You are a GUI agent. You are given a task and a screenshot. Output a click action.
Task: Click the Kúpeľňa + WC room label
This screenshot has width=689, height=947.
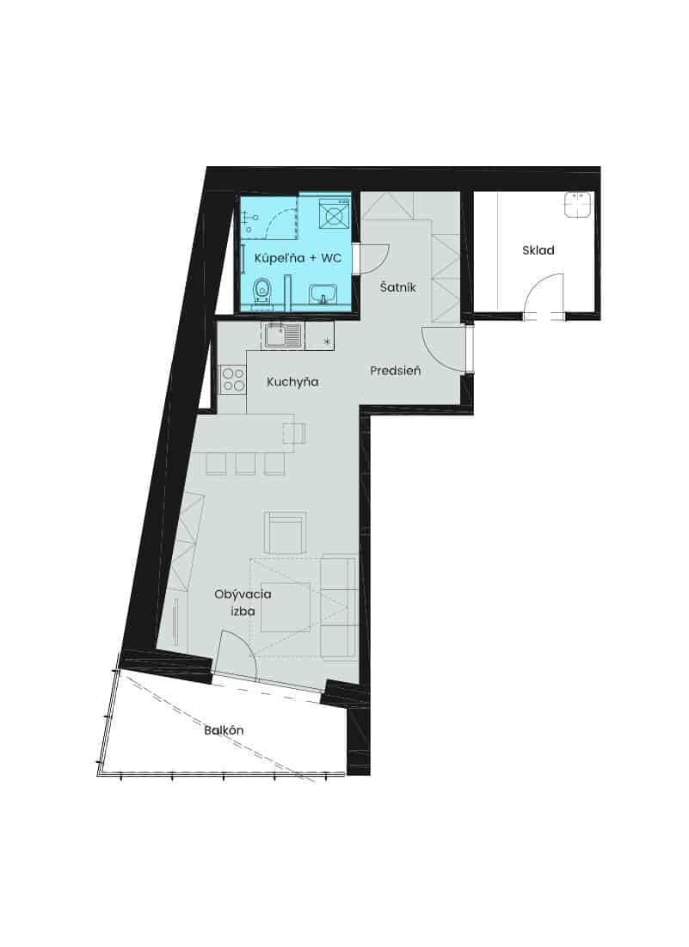click(298, 258)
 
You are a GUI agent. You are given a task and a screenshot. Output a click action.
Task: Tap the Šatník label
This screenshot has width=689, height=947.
click(398, 287)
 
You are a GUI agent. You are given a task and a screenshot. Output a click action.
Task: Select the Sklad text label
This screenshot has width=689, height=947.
click(538, 250)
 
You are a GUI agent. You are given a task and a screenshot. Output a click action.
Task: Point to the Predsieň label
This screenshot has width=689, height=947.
click(396, 370)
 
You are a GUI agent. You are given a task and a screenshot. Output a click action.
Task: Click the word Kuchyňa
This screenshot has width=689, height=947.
click(292, 382)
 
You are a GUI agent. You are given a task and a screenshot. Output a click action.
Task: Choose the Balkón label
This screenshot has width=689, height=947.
click(224, 730)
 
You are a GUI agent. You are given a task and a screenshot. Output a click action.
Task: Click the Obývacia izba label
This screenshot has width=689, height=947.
click(243, 602)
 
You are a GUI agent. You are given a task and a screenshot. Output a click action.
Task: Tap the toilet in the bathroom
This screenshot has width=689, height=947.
click(261, 292)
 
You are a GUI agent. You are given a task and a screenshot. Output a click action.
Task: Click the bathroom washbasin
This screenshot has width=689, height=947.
click(325, 294)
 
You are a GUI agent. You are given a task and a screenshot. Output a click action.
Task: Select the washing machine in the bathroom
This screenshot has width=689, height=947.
click(334, 213)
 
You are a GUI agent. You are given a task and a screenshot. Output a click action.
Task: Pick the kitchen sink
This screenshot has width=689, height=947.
click(283, 335)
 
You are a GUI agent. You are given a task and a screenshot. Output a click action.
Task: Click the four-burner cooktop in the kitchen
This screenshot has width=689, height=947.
click(233, 380)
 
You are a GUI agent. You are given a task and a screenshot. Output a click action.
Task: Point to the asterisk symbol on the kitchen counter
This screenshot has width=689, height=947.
click(327, 342)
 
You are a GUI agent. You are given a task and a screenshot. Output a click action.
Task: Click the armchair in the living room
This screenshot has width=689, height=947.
click(285, 532)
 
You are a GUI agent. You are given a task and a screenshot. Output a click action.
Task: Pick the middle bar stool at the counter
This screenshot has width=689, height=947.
click(245, 464)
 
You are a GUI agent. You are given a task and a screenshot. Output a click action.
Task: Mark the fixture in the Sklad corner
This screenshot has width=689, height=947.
click(578, 205)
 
